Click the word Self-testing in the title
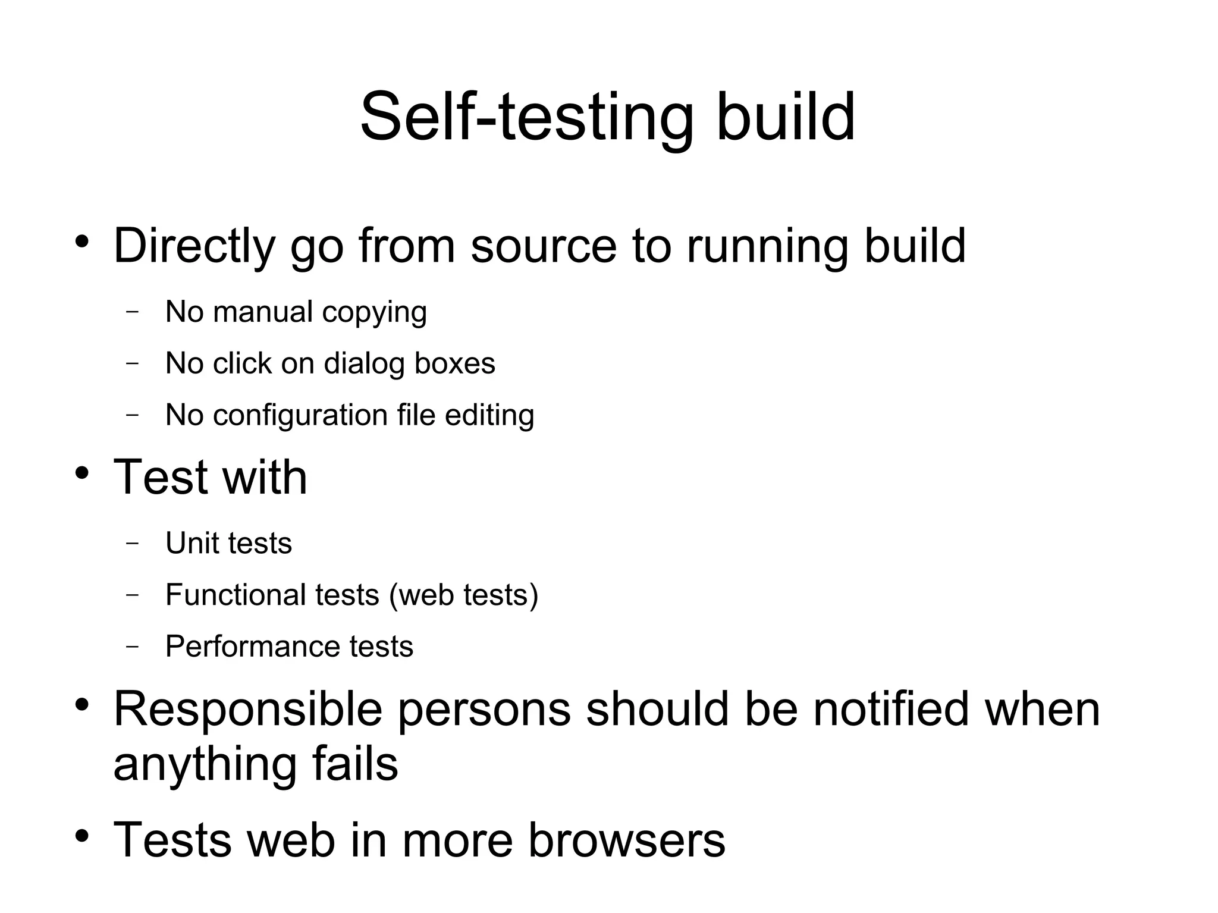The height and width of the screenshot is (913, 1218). pos(526,117)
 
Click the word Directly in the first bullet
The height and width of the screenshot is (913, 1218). pos(194,246)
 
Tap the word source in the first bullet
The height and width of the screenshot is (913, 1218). pos(544,246)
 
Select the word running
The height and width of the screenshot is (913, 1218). pos(767,246)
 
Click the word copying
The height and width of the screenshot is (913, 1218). pos(374,313)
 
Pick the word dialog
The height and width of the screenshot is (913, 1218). pos(364,363)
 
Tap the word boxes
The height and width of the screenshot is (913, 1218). pos(454,363)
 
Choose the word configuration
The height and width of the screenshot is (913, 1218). pos(300,415)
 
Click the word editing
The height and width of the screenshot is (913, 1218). pos(489,415)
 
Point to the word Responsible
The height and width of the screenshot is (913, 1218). pos(248,710)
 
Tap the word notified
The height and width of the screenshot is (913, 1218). pos(891,710)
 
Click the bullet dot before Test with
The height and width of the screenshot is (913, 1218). pos(82,473)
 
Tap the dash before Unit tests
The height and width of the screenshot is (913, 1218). pos(133,543)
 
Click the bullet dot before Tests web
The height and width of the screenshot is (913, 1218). pos(82,836)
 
